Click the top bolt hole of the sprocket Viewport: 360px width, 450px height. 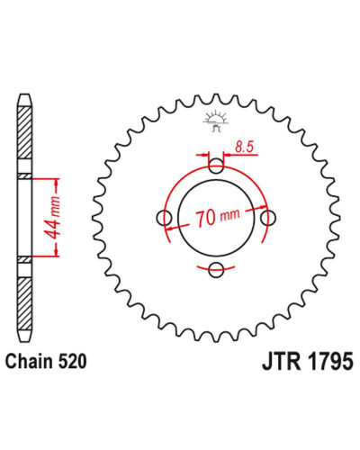pos(216,166)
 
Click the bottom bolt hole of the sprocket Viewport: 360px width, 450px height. pos(216,270)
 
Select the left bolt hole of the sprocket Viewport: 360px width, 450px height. pos(165,218)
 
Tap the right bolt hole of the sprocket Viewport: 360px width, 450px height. pos(268,218)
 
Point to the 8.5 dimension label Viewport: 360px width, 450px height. pos(245,148)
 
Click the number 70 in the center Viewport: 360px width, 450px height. pos(205,218)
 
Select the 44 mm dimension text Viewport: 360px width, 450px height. pos(52,218)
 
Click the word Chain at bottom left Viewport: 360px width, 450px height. pos(29,361)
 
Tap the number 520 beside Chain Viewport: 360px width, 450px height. pos(72,361)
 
